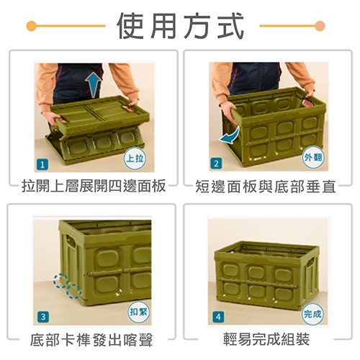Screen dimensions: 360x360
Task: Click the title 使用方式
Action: (x=181, y=26)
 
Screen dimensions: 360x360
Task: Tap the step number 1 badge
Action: (x=42, y=165)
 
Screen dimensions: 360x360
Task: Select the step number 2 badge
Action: (x=216, y=163)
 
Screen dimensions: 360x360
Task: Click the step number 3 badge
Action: (x=43, y=317)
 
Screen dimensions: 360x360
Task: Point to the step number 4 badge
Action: (x=218, y=317)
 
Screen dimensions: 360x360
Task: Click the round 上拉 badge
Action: (x=135, y=158)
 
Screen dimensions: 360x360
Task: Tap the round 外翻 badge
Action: (x=313, y=158)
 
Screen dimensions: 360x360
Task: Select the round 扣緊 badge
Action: (x=139, y=312)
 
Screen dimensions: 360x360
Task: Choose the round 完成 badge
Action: (x=312, y=314)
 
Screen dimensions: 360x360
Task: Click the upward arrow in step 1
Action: (x=94, y=85)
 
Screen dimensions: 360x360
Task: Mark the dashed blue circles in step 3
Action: (x=67, y=286)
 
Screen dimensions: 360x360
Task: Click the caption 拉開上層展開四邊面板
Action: (x=94, y=186)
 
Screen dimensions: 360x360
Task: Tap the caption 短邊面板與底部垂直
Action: (x=266, y=186)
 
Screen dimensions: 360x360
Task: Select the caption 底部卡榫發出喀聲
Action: (x=91, y=340)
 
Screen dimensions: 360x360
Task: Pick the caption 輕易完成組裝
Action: (x=266, y=339)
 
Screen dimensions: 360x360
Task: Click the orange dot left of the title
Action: (x=32, y=26)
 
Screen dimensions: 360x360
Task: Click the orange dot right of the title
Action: (x=320, y=26)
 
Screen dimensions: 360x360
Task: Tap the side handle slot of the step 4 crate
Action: (x=310, y=263)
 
